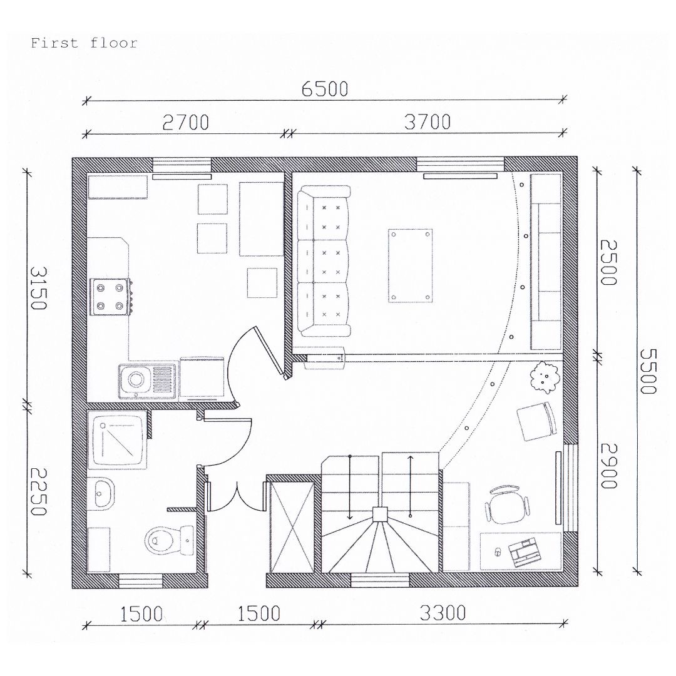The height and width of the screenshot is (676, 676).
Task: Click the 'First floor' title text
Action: [x=84, y=43]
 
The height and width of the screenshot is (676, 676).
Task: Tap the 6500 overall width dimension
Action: [x=325, y=89]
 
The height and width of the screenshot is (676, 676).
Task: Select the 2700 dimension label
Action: [x=186, y=123]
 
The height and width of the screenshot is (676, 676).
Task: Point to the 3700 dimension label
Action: [x=428, y=122]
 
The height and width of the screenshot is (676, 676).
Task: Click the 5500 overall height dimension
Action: [x=648, y=371]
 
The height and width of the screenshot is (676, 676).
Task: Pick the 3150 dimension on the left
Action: [x=38, y=288]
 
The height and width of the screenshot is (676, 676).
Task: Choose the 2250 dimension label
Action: [x=38, y=493]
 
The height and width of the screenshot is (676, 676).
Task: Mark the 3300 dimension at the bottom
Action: [x=443, y=613]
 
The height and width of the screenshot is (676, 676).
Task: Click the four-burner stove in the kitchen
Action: [x=111, y=296]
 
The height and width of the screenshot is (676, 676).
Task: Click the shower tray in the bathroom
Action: [x=117, y=440]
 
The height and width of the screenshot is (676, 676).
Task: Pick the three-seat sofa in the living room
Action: [x=324, y=261]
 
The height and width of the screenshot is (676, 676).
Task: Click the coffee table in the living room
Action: [x=410, y=265]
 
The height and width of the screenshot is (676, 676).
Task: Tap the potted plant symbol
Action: [x=545, y=377]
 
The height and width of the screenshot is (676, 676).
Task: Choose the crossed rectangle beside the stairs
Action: [x=291, y=528]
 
